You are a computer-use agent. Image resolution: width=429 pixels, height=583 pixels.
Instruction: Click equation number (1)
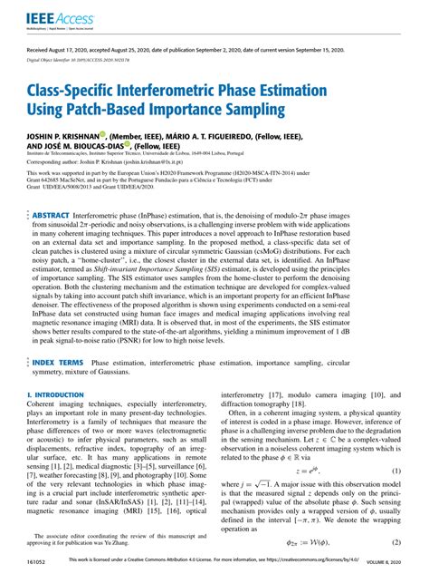(x=396, y=496)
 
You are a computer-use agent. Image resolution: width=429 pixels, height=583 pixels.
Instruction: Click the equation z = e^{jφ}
(x=310, y=496)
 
